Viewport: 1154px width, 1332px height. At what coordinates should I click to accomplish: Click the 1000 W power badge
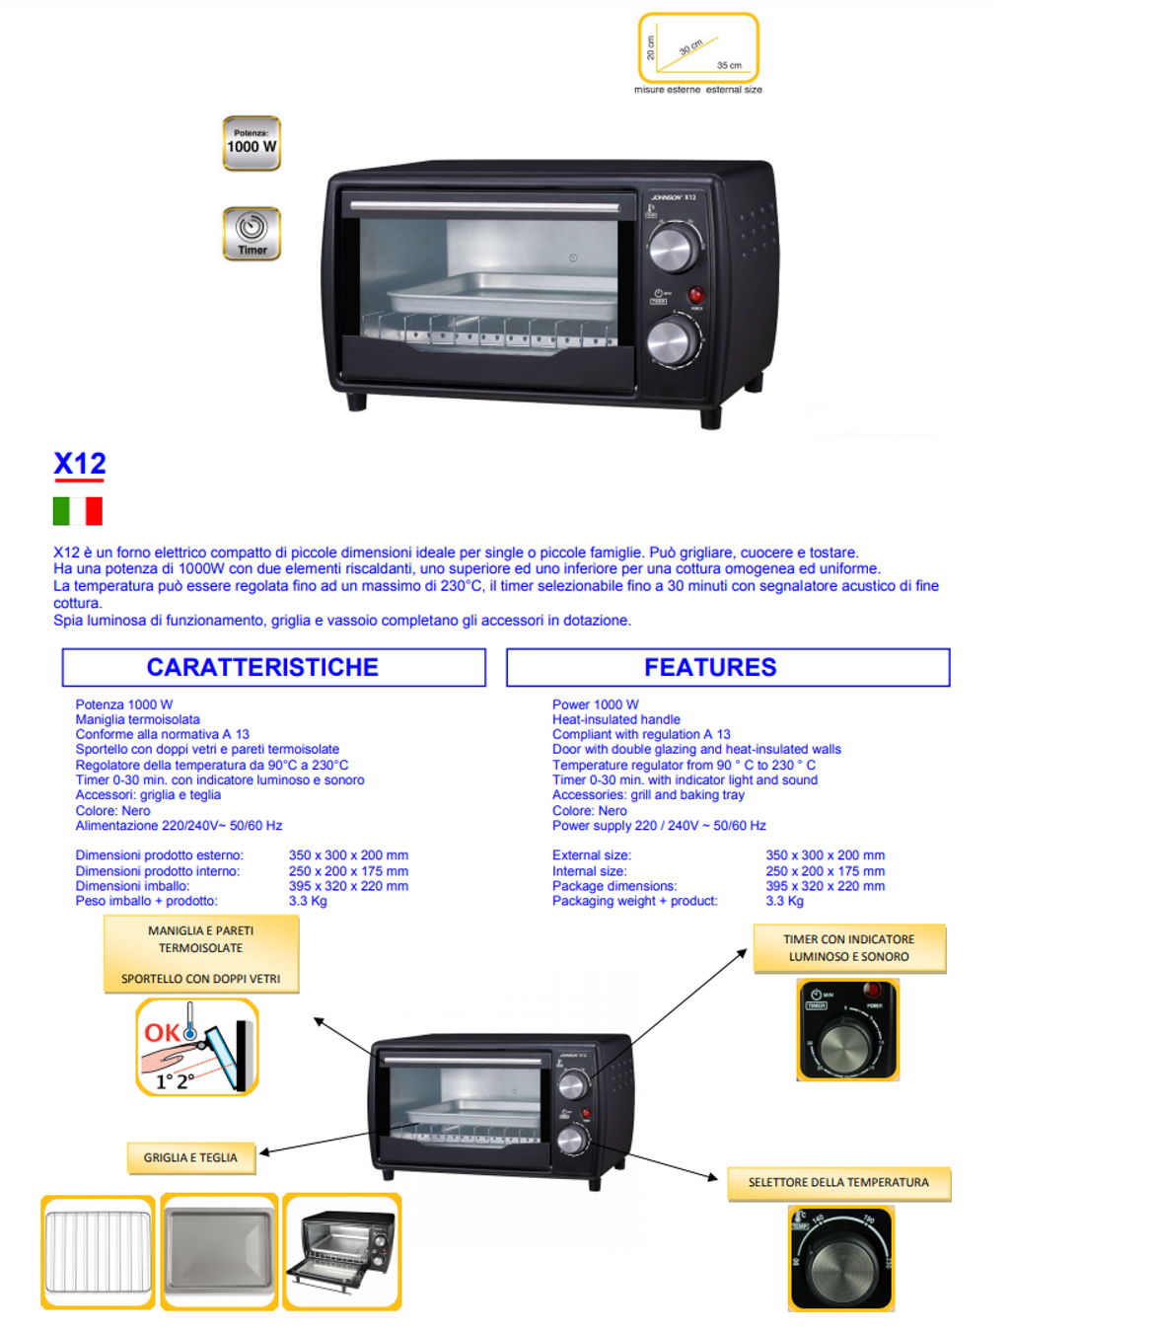pyautogui.click(x=252, y=144)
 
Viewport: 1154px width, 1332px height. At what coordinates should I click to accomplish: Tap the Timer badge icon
pyautogui.click(x=252, y=234)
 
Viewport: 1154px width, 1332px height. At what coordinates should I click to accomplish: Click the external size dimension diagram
pyautogui.click(x=698, y=48)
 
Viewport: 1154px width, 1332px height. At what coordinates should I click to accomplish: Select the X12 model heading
pyautogui.click(x=80, y=464)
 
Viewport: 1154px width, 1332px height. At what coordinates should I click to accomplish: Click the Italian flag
pyautogui.click(x=78, y=511)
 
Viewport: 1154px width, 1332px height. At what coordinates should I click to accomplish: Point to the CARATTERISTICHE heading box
pyautogui.click(x=273, y=667)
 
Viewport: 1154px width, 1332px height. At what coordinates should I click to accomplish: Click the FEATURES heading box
pyautogui.click(x=728, y=667)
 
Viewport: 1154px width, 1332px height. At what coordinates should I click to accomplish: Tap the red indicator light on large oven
pyautogui.click(x=696, y=295)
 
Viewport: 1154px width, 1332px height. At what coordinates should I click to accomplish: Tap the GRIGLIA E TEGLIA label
pyautogui.click(x=191, y=1157)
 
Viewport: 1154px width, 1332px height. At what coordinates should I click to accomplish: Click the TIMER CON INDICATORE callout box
pyautogui.click(x=849, y=948)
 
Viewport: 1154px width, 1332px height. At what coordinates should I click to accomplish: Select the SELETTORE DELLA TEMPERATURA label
pyautogui.click(x=838, y=1183)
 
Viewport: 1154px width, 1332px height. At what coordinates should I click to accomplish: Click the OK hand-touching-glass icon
pyautogui.click(x=197, y=1047)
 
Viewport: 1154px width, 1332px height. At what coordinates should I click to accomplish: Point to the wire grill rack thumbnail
pyautogui.click(x=98, y=1252)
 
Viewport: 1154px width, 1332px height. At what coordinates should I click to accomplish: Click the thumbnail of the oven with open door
pyautogui.click(x=341, y=1251)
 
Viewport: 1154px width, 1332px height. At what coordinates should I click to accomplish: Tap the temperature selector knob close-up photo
pyautogui.click(x=841, y=1258)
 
